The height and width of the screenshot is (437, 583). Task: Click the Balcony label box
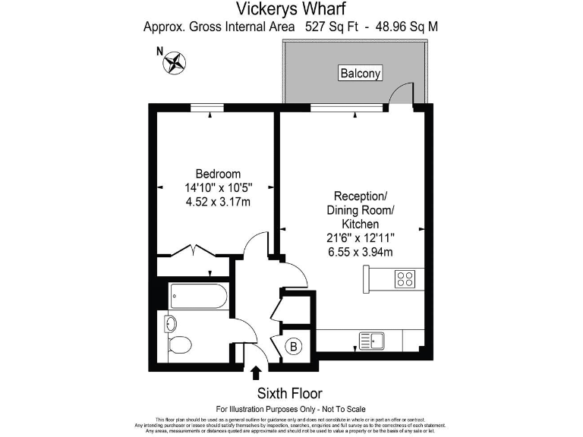(x=360, y=73)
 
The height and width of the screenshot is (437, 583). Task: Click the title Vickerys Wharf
(x=291, y=9)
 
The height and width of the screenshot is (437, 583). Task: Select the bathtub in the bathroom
(x=198, y=295)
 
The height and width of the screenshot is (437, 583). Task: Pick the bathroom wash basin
(x=171, y=324)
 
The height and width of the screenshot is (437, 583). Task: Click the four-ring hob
(x=404, y=278)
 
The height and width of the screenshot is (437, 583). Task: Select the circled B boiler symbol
(x=294, y=347)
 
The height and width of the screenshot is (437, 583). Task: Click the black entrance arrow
(x=256, y=372)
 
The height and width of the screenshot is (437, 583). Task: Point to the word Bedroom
(x=218, y=174)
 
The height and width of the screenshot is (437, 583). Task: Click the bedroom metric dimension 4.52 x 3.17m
(x=218, y=201)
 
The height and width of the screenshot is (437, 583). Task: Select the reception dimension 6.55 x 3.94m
(x=359, y=252)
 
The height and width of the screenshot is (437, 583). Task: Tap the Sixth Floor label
(x=289, y=393)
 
